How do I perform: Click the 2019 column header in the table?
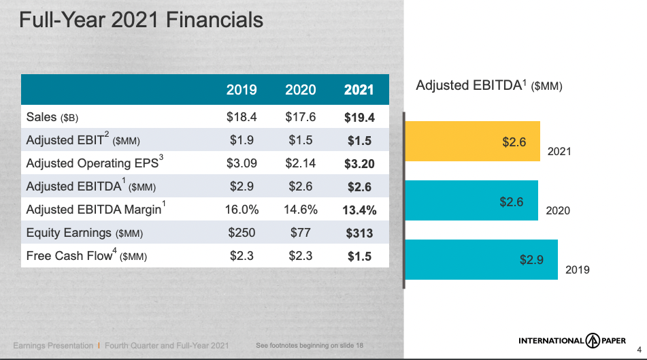click(x=242, y=90)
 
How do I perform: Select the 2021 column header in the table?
click(x=359, y=90)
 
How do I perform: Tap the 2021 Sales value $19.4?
click(x=359, y=118)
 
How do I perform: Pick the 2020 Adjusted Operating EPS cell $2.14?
click(x=301, y=163)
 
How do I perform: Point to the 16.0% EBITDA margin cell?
click(x=242, y=210)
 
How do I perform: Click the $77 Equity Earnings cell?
click(x=301, y=233)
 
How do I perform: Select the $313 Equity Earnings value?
click(x=359, y=233)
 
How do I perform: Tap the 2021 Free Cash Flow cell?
click(x=359, y=257)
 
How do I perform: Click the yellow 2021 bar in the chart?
click(x=472, y=141)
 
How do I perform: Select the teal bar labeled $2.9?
click(x=482, y=260)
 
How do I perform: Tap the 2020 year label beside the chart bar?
click(x=558, y=210)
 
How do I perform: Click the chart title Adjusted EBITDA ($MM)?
click(x=489, y=85)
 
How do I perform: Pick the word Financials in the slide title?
click(x=214, y=20)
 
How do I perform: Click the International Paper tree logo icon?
click(x=593, y=340)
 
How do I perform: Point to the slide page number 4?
click(x=639, y=350)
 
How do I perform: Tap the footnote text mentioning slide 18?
click(x=310, y=345)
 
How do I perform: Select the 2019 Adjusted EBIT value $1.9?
click(x=242, y=140)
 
